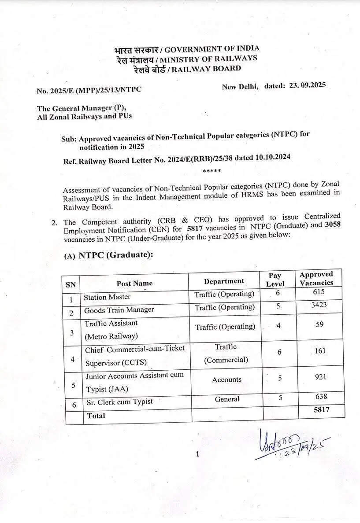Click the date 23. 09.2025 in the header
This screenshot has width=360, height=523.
click(307, 85)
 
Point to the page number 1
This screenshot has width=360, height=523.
click(197, 454)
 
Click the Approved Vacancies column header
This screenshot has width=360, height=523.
click(316, 279)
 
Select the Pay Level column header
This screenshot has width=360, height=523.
click(275, 280)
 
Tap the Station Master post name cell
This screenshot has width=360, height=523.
click(107, 297)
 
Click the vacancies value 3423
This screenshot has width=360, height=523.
click(318, 304)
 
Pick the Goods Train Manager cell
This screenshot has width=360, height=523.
click(119, 309)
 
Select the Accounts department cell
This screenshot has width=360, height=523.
click(226, 379)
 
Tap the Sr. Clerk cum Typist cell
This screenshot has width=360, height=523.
click(119, 401)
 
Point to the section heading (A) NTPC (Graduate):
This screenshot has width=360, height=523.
click(109, 256)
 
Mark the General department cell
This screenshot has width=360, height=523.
click(227, 399)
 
